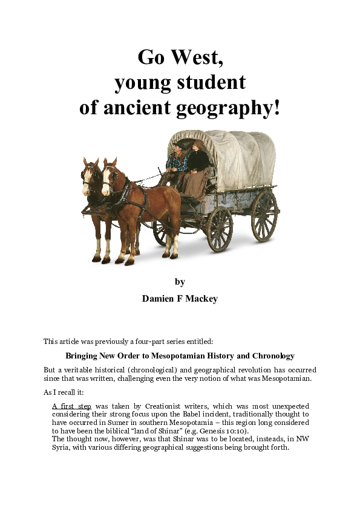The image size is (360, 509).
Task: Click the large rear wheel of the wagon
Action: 264,216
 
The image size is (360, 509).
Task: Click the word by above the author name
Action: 180,282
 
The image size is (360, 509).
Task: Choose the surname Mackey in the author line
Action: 201,299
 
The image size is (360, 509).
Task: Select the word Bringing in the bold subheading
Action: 83,356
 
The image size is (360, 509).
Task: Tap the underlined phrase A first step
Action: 71,406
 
